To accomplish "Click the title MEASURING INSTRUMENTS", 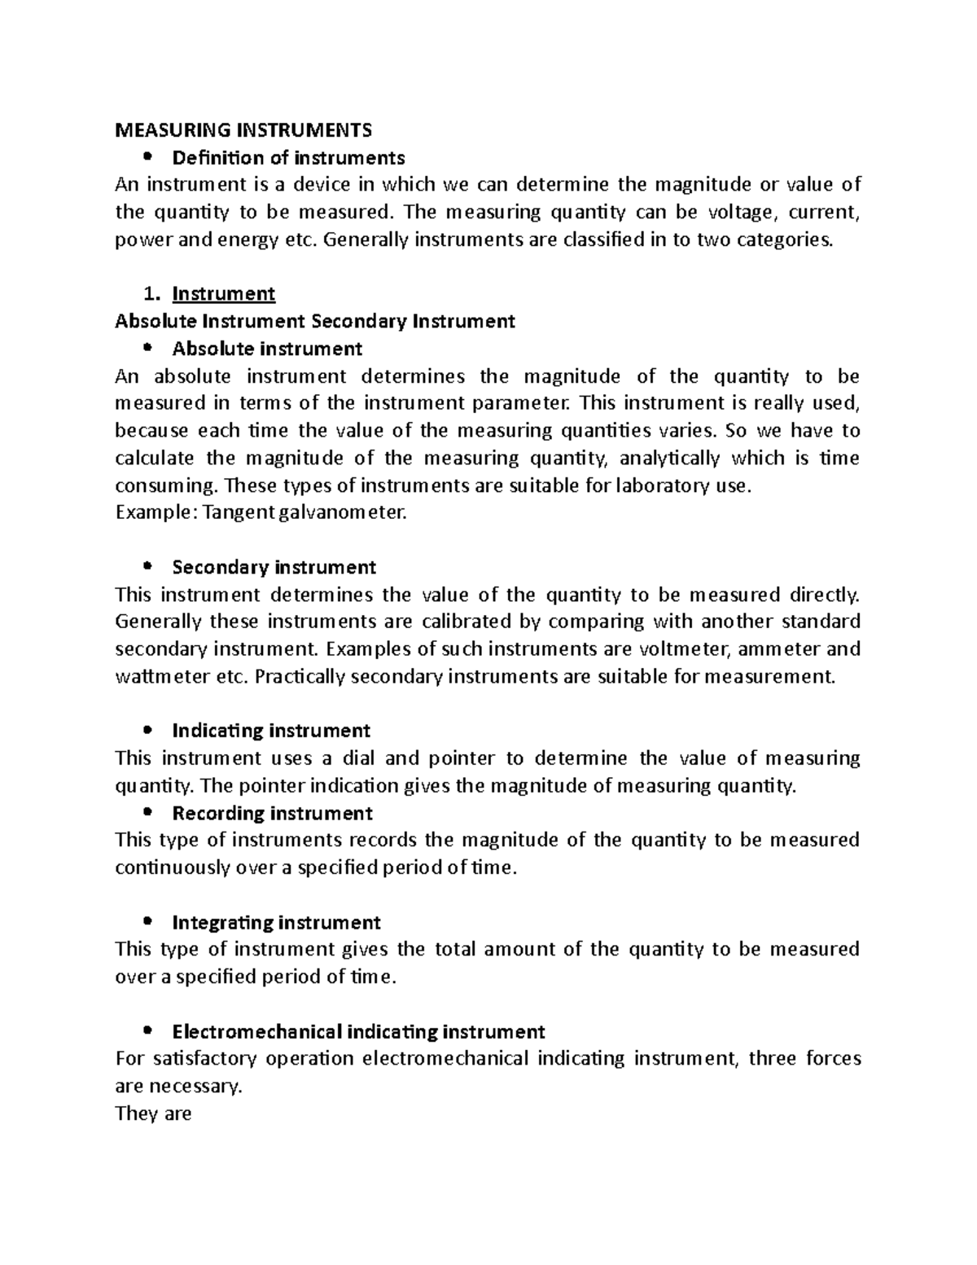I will tap(243, 130).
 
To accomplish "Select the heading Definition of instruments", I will tap(288, 157).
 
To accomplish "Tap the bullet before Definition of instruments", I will tap(147, 157).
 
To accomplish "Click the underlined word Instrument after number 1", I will tap(224, 293).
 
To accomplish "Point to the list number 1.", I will tap(149, 293).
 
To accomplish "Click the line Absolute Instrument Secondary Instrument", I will tap(315, 321).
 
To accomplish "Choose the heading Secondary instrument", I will tap(274, 567).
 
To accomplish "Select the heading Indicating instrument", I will tap(271, 731).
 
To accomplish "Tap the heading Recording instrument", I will tap(273, 813).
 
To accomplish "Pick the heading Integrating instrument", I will tap(277, 922).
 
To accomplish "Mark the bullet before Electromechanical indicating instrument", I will tap(147, 1032).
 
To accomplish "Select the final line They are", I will tap(154, 1113).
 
